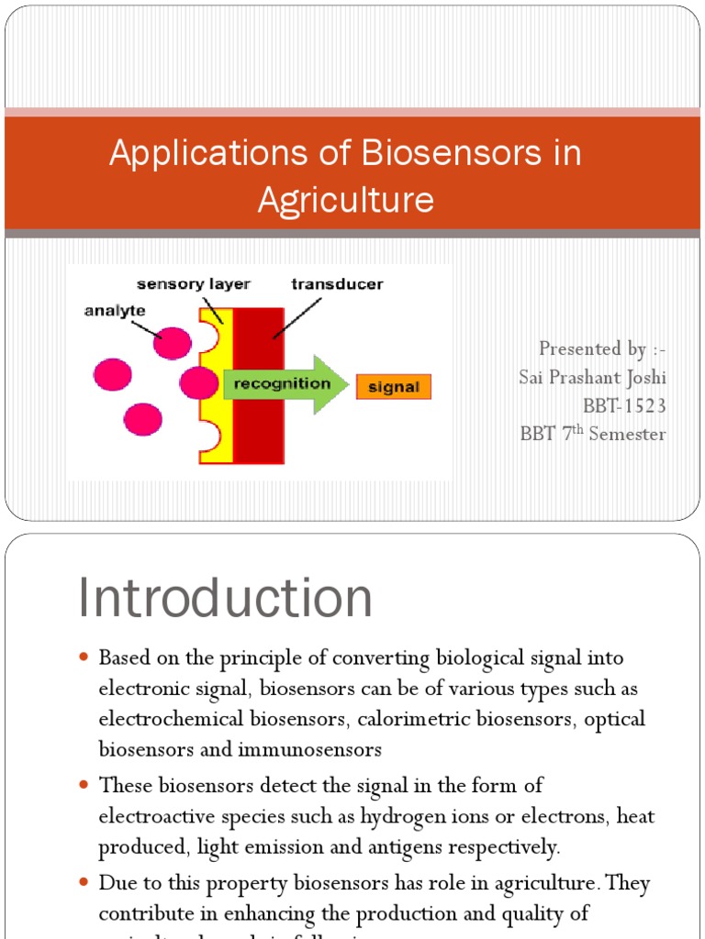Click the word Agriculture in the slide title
click(346, 199)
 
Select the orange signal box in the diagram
click(393, 387)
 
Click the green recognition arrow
click(285, 383)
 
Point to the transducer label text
click(337, 284)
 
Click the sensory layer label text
click(194, 284)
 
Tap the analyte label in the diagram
click(115, 310)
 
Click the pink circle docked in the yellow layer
click(197, 382)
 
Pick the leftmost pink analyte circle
click(112, 374)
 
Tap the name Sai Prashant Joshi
click(592, 377)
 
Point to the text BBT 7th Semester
click(592, 434)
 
